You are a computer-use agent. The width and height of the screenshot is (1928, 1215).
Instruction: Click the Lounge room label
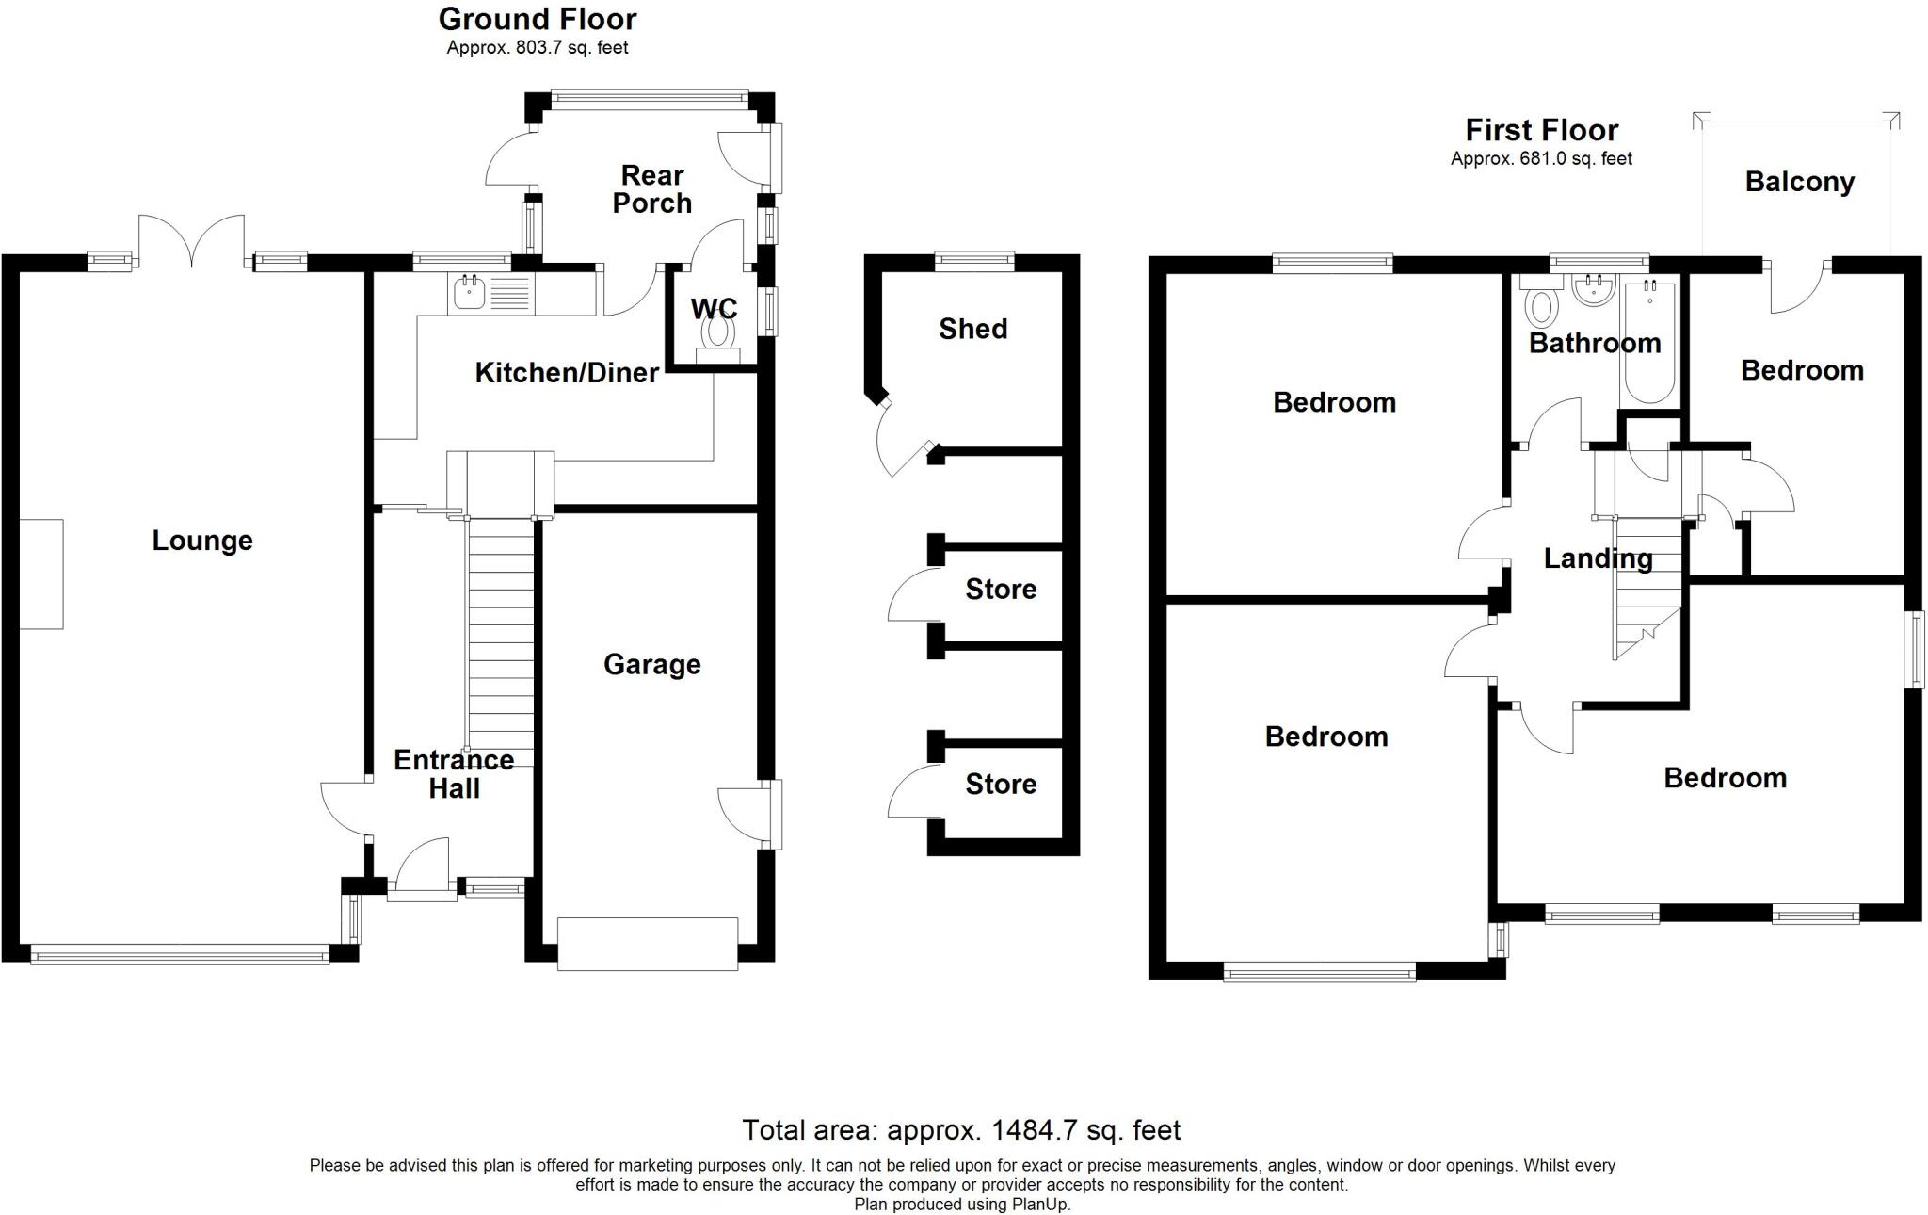[x=202, y=541]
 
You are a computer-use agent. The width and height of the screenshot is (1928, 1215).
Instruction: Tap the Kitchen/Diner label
[x=567, y=373]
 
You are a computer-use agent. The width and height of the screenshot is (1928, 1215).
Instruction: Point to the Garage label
[x=652, y=665]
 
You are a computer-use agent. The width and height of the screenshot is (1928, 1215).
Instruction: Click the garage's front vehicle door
[x=648, y=944]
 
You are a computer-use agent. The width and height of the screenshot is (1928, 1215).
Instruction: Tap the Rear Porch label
[x=652, y=189]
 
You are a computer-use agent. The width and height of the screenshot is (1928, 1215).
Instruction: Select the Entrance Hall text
[x=454, y=774]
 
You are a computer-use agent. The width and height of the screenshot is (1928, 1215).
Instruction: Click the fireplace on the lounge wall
[x=40, y=574]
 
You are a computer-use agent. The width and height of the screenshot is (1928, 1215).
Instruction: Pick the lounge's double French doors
[x=192, y=242]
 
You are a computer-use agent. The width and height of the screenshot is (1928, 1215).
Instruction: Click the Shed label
[x=973, y=329]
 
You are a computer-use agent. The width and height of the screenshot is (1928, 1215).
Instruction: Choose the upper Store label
[x=1001, y=590]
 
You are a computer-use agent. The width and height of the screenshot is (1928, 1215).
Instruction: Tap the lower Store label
[x=1001, y=785]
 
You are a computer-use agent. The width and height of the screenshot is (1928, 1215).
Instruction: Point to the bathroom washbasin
[x=1594, y=291]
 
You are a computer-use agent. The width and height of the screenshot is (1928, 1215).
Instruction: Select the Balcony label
[x=1800, y=182]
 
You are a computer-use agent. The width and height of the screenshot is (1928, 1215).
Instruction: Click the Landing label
[x=1599, y=559]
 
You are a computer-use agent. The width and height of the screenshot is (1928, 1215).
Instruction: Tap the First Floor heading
[x=1542, y=130]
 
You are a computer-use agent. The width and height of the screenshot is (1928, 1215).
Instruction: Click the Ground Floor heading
[x=538, y=19]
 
